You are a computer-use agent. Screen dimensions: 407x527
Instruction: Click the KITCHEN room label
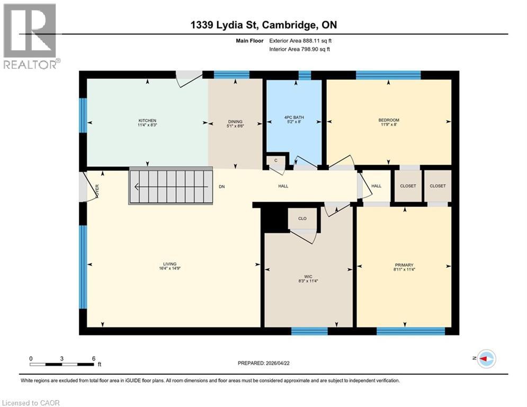[x=147, y=120]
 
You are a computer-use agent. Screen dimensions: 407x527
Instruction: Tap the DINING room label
[x=235, y=120]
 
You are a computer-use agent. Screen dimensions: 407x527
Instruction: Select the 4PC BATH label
[x=293, y=117]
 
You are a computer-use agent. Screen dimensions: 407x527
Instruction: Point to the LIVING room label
[x=169, y=264]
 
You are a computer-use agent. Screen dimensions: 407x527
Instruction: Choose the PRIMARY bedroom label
[x=404, y=265]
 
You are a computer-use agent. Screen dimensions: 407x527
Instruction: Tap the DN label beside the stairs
[x=222, y=187]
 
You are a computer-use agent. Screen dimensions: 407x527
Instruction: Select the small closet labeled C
[x=275, y=160]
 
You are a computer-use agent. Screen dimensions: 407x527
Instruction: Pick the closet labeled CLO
[x=302, y=218]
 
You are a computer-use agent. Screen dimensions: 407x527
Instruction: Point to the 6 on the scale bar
[x=93, y=358]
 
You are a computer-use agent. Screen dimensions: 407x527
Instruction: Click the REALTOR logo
[x=30, y=36]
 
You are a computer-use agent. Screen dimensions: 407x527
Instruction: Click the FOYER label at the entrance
[x=97, y=188]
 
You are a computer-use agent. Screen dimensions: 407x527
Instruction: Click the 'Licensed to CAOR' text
[x=31, y=403]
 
